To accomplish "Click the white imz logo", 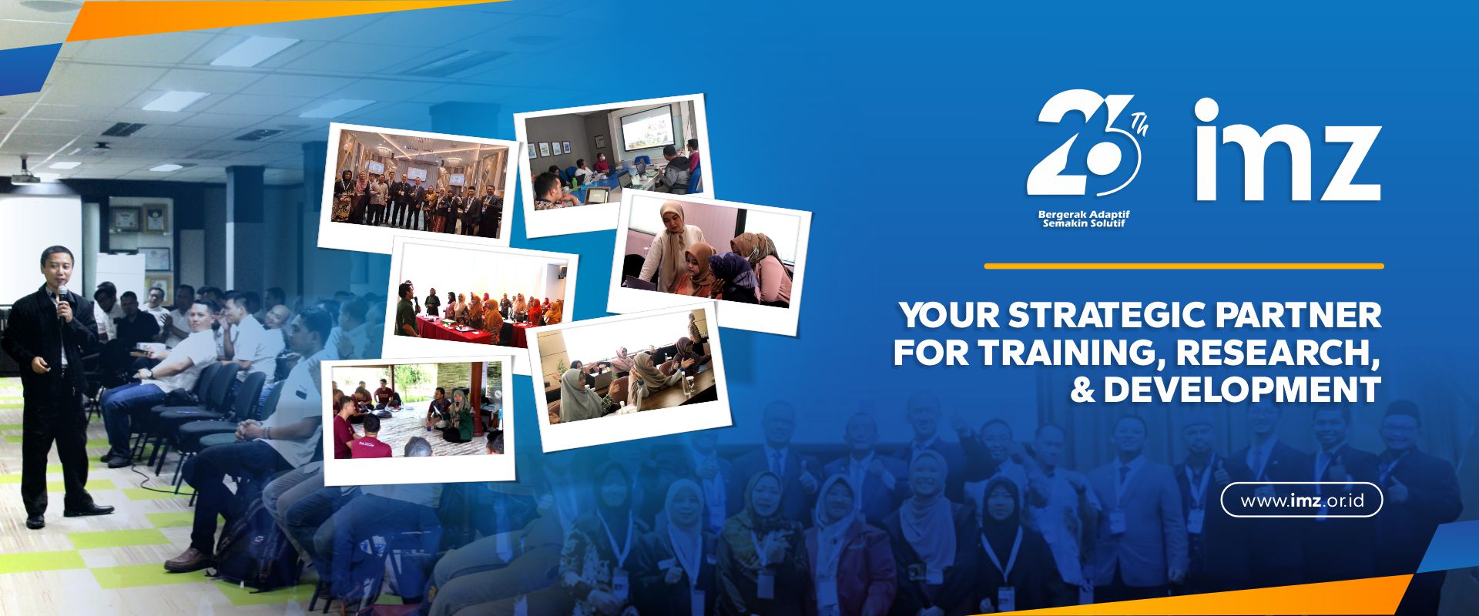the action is coord(1287,149).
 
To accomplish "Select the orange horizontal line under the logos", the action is coord(1184,266).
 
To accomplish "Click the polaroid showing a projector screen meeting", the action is coord(614,164).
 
